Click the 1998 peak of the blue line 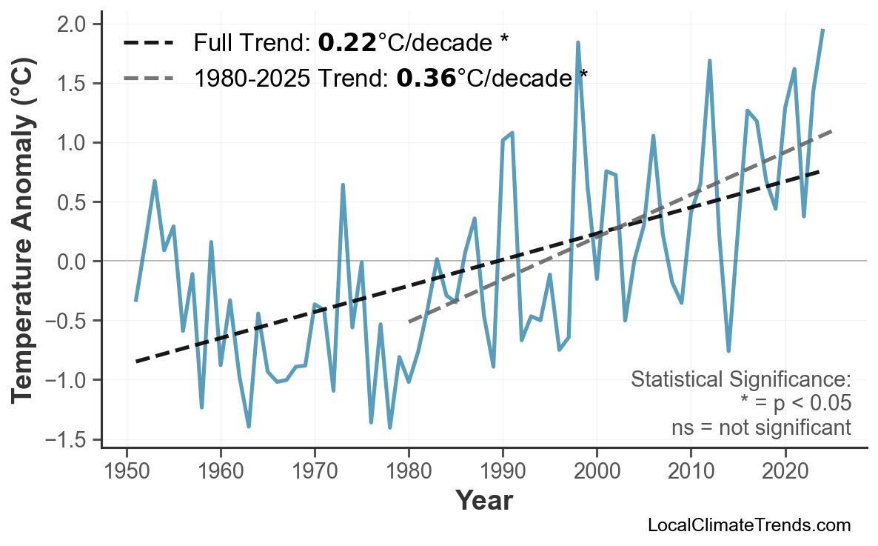(x=577, y=43)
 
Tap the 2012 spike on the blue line (x=709, y=61)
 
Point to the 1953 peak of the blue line (x=155, y=181)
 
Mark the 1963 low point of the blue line (x=249, y=426)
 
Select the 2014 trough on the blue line (x=728, y=350)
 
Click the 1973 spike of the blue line (x=343, y=185)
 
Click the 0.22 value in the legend (x=346, y=44)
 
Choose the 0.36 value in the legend (x=426, y=77)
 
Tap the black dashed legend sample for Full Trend (x=148, y=44)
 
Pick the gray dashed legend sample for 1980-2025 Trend (x=148, y=77)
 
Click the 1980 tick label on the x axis (x=409, y=472)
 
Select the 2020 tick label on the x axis (x=785, y=472)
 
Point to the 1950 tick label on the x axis (x=127, y=472)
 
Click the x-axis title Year (x=483, y=501)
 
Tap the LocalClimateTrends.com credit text (x=748, y=526)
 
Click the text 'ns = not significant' (x=761, y=427)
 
